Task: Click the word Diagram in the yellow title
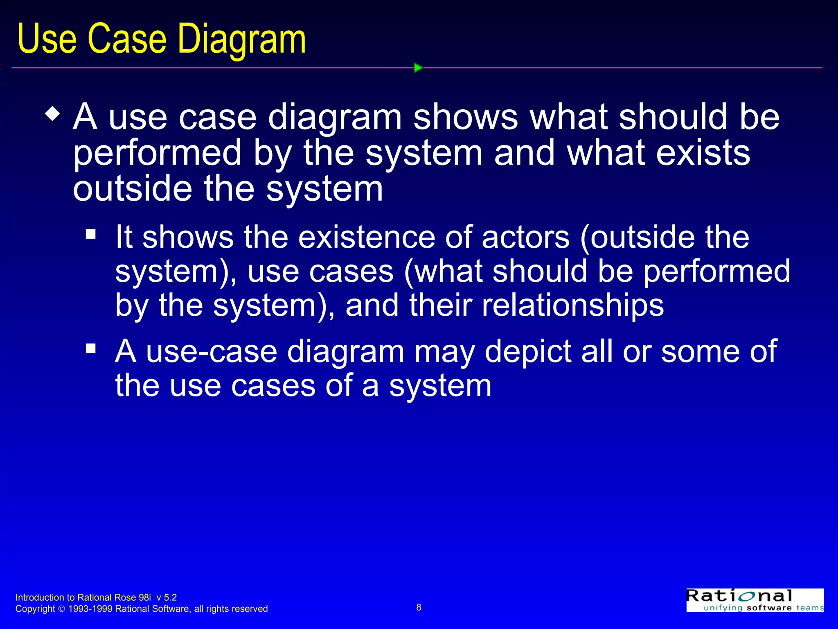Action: tap(241, 39)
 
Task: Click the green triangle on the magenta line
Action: tap(418, 68)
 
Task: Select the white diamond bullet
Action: tap(53, 113)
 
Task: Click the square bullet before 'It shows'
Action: tap(91, 234)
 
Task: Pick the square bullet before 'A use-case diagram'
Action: tap(91, 348)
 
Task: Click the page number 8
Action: tap(419, 607)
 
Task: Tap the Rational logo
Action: tap(755, 600)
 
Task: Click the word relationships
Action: tap(573, 305)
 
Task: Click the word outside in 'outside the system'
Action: tap(132, 189)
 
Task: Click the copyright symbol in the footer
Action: tap(61, 609)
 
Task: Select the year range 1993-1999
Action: tap(90, 609)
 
